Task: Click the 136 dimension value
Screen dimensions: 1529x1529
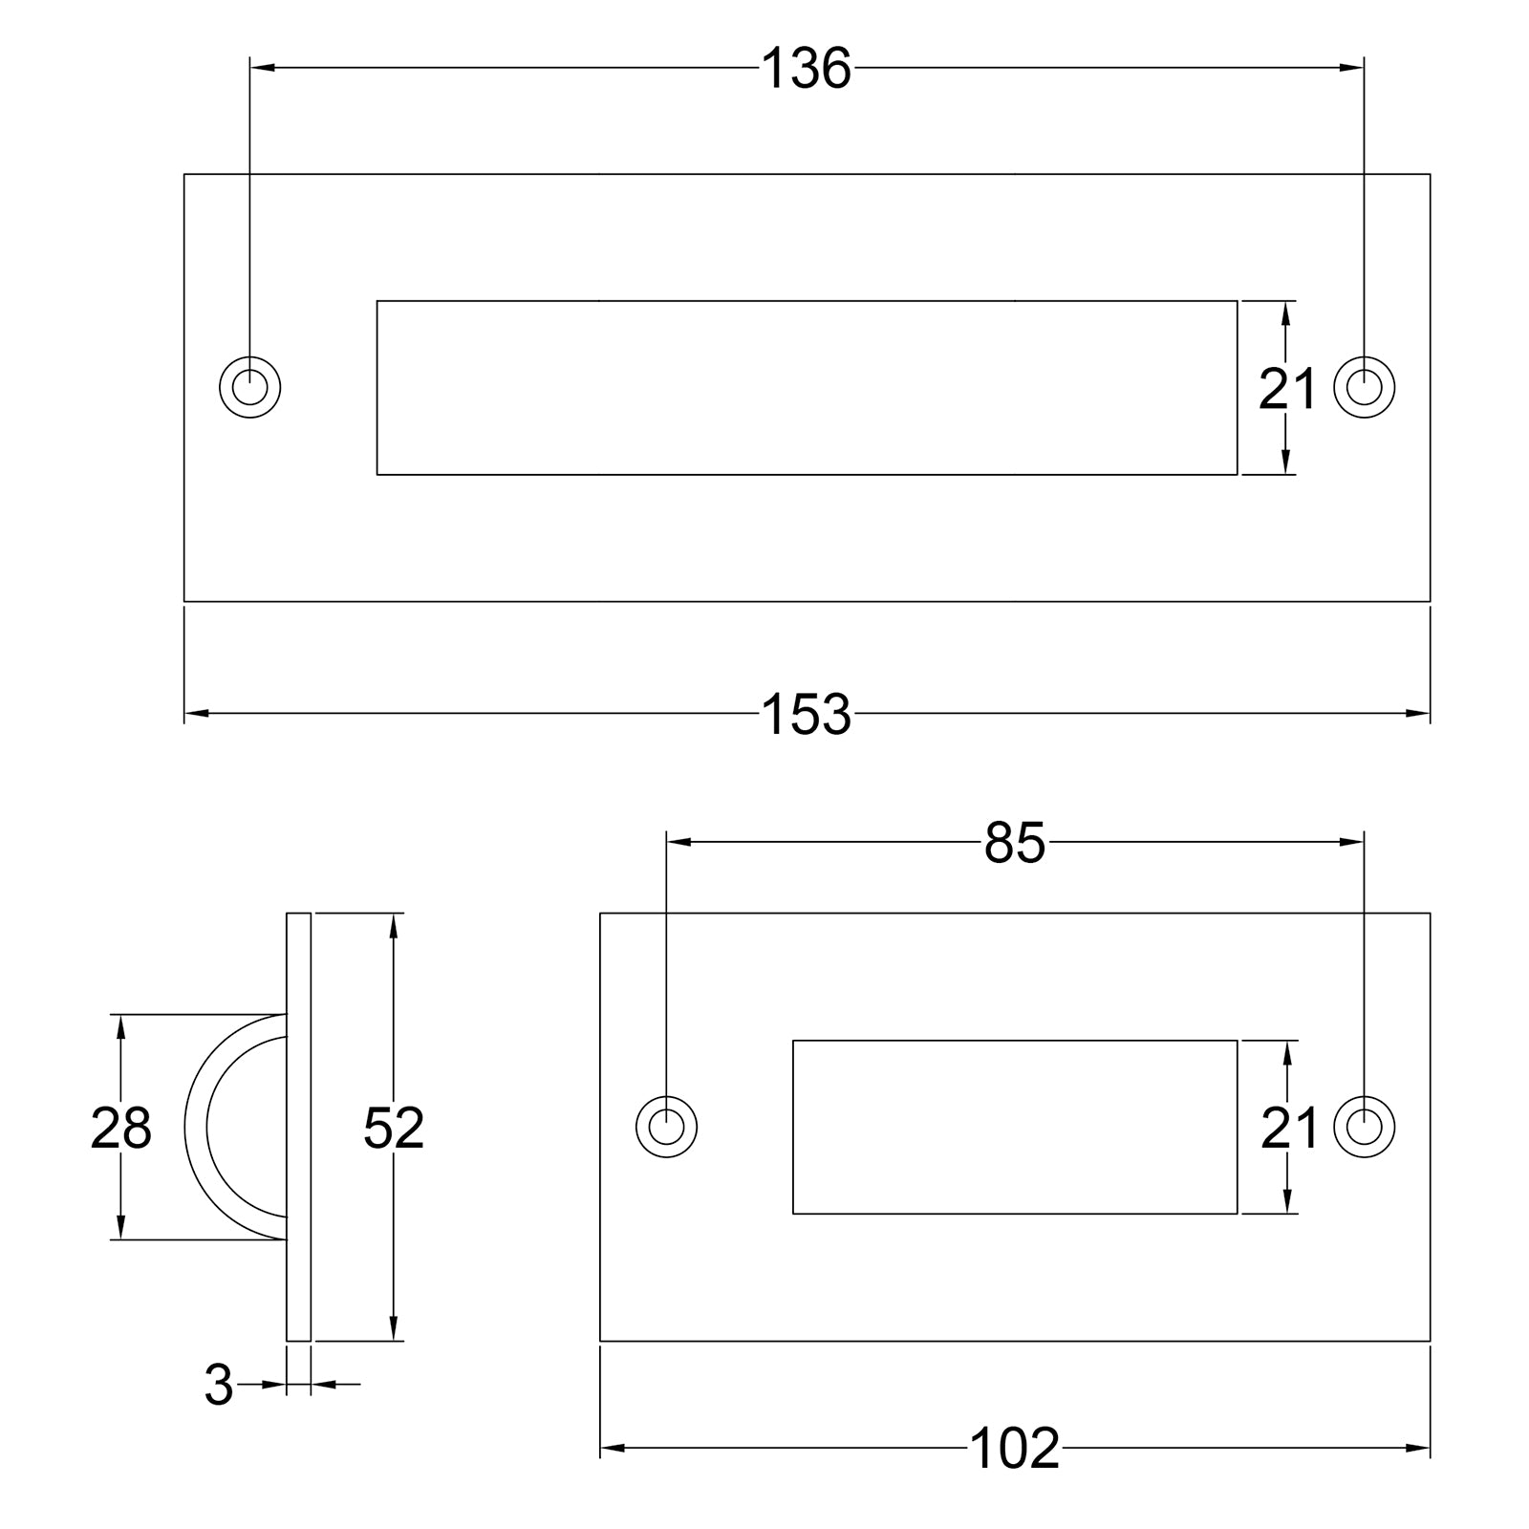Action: click(806, 69)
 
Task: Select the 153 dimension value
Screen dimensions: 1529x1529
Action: click(806, 715)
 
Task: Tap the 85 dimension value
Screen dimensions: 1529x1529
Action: click(1015, 844)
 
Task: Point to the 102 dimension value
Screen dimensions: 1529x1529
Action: click(1015, 1475)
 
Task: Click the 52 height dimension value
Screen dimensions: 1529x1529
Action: click(394, 1128)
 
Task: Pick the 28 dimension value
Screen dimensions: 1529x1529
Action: click(120, 1128)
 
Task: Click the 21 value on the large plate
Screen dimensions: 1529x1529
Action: click(1287, 389)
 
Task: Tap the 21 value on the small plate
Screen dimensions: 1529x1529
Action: click(1289, 1129)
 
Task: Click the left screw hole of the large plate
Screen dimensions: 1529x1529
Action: click(250, 388)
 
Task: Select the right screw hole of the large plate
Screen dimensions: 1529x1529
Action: click(1364, 388)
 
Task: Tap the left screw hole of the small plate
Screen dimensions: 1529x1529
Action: click(667, 1127)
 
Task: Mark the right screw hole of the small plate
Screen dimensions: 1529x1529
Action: click(1364, 1127)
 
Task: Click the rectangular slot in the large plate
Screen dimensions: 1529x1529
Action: click(807, 388)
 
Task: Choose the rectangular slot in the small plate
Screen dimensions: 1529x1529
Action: click(1015, 1128)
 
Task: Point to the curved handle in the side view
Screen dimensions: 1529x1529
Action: click(197, 1128)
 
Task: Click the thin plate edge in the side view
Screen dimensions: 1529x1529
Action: click(299, 1128)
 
